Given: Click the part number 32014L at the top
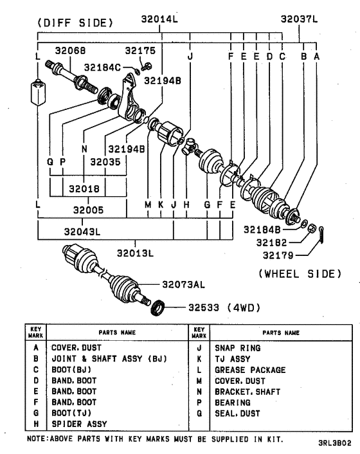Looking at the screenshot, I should pos(159,19).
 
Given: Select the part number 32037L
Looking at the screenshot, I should pos(299,19).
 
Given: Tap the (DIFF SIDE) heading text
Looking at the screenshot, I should pos(75,23).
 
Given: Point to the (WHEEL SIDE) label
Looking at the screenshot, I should pos(300,273).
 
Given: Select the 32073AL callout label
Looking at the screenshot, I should pos(183,283).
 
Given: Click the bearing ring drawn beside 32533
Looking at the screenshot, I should pos(157,308).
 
